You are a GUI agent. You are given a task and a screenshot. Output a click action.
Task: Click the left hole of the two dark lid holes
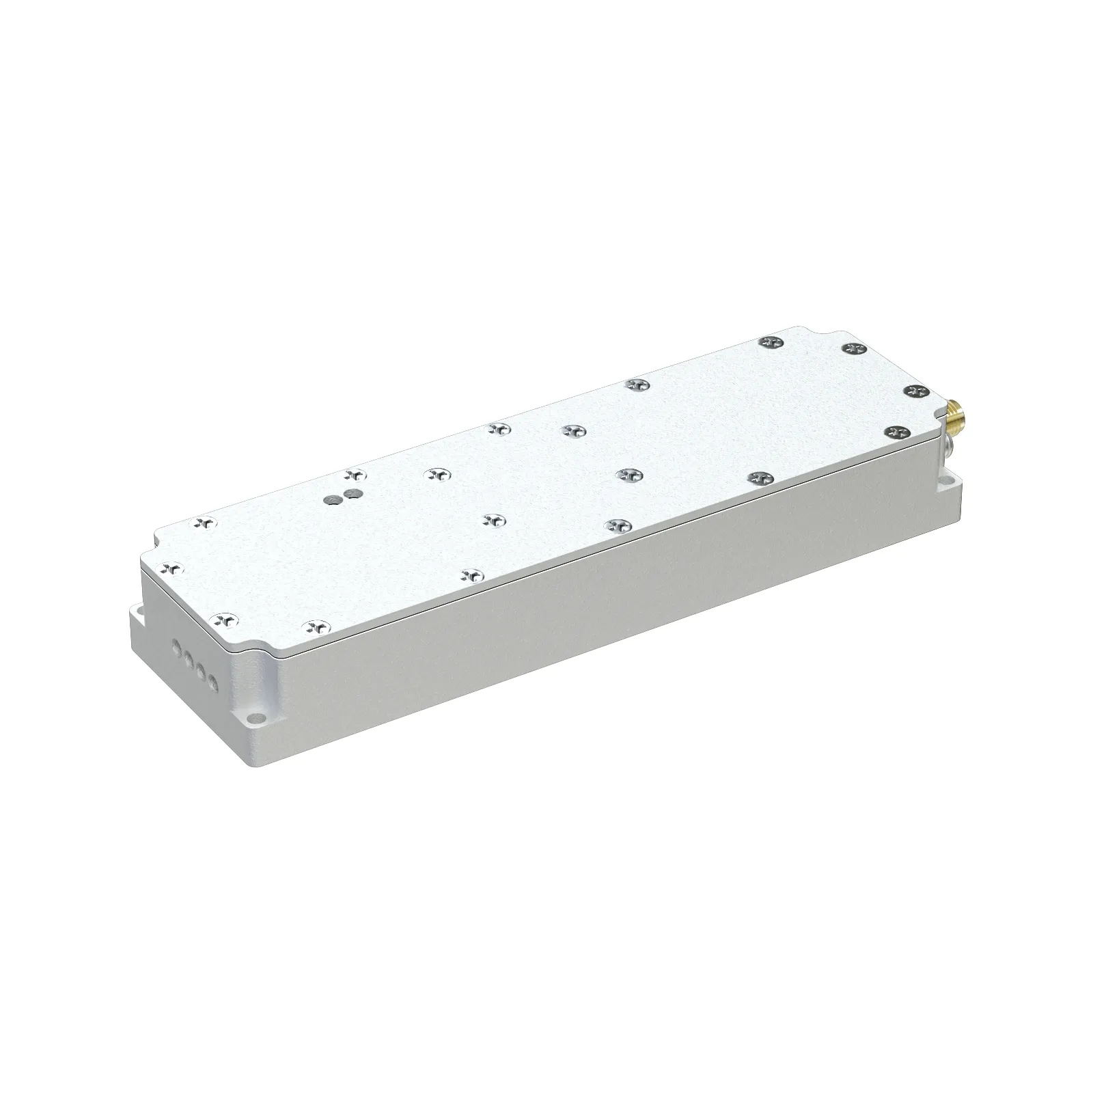pyautogui.click(x=333, y=500)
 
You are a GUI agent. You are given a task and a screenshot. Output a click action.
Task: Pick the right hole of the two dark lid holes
pyautogui.click(x=352, y=493)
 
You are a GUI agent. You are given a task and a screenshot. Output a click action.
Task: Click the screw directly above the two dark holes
pyautogui.click(x=353, y=474)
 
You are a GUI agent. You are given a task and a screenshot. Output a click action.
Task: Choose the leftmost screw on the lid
pyautogui.click(x=172, y=567)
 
